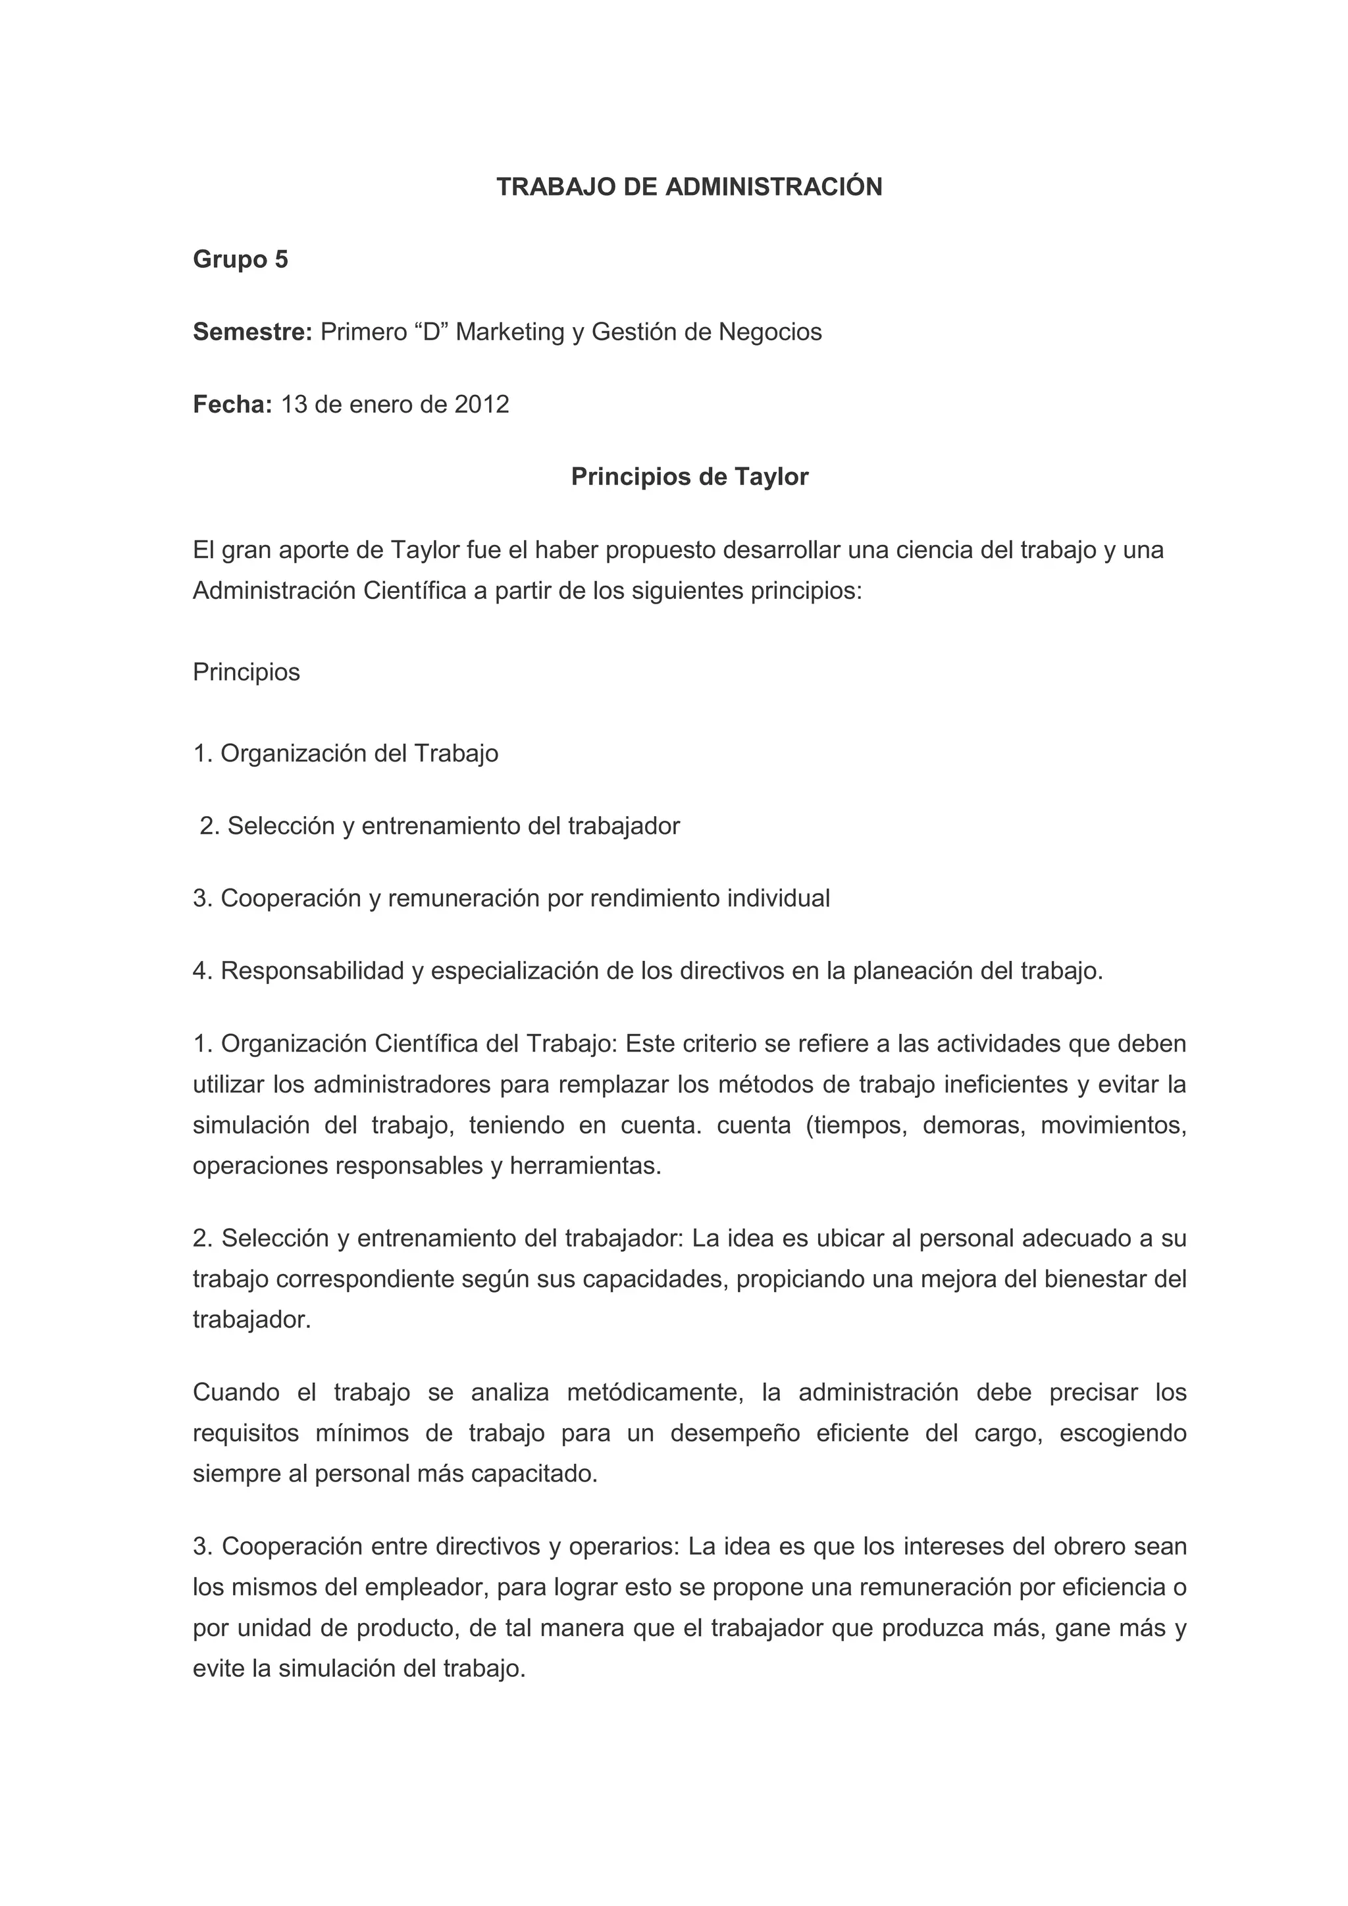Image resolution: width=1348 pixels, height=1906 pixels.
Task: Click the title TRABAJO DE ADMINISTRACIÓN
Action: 689,188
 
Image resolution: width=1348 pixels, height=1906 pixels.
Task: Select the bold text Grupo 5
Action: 240,260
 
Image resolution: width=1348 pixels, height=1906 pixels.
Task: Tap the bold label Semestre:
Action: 252,332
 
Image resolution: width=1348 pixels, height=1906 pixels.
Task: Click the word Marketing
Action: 509,332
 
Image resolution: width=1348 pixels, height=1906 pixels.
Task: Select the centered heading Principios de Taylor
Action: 689,476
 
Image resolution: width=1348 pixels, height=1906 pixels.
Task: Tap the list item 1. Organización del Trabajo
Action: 346,753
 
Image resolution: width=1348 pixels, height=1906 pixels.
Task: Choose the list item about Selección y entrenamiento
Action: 439,826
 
